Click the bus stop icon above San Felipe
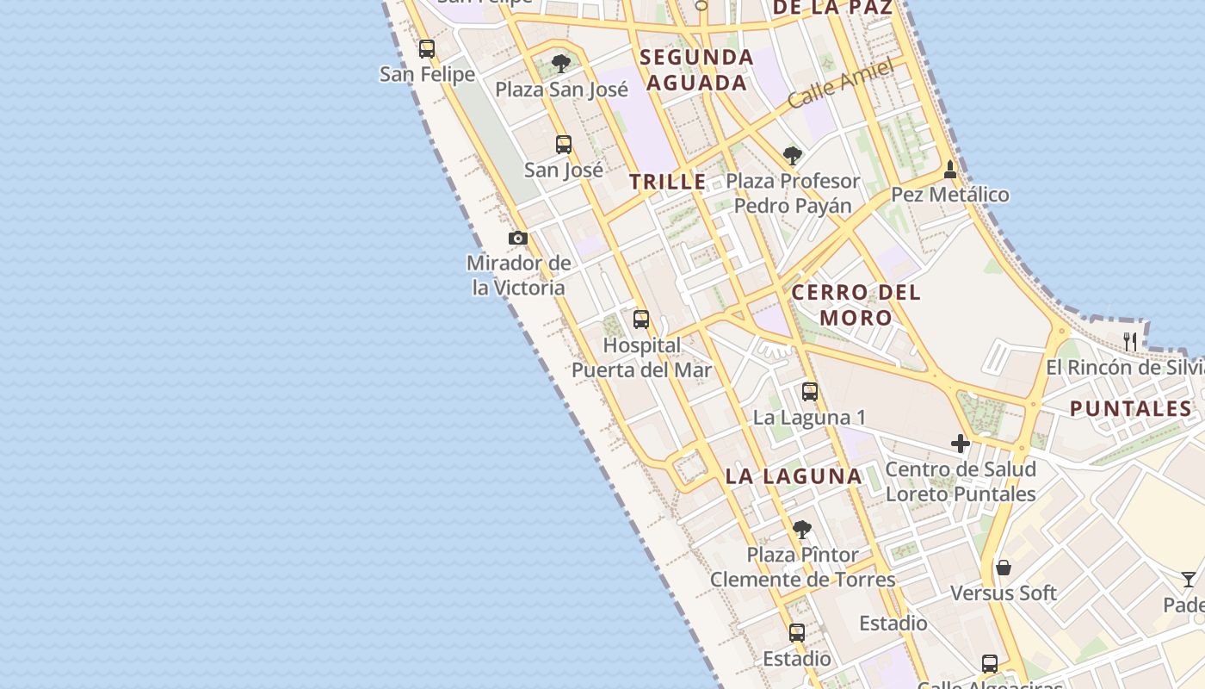pos(427,49)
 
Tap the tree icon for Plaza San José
pos(561,64)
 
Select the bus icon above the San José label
pos(564,145)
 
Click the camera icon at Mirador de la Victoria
pos(518,239)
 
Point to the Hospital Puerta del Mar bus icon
pos(641,320)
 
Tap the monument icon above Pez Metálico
pos(950,169)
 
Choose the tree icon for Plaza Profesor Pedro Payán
pos(793,156)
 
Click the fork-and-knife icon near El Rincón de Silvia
pos(1130,342)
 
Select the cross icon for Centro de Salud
pos(961,444)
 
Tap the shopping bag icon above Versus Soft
pos(1003,568)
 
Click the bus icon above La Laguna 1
pos(810,392)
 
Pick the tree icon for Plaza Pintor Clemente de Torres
pos(802,529)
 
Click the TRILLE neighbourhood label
pos(667,183)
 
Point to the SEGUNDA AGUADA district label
pos(697,70)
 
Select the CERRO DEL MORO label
pos(856,305)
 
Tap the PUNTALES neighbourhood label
pos(1130,409)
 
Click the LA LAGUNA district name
pos(794,476)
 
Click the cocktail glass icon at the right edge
pos(1189,580)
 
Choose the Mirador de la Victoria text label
pos(519,276)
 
